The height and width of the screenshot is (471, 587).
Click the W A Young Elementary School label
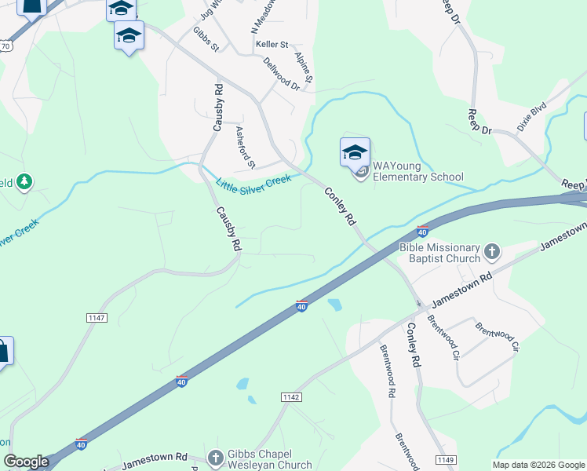pos(417,171)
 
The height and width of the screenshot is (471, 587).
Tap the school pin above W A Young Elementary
pos(355,152)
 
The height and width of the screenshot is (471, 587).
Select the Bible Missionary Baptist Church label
pos(439,253)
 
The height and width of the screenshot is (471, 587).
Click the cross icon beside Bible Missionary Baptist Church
pos(492,252)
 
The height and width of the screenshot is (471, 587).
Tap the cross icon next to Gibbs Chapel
pos(216,458)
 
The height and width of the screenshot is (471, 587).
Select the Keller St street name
pos(272,45)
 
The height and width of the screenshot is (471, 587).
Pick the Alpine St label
pos(304,68)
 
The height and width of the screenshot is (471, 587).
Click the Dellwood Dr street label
pos(282,73)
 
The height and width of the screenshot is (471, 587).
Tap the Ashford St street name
pos(246,147)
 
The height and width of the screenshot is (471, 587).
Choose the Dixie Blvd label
pos(531,117)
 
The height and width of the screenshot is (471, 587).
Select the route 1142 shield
pos(291,398)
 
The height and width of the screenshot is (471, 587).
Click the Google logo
pos(27,462)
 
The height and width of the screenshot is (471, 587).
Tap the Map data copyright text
pos(538,465)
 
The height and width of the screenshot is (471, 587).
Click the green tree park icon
pos(24,182)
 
